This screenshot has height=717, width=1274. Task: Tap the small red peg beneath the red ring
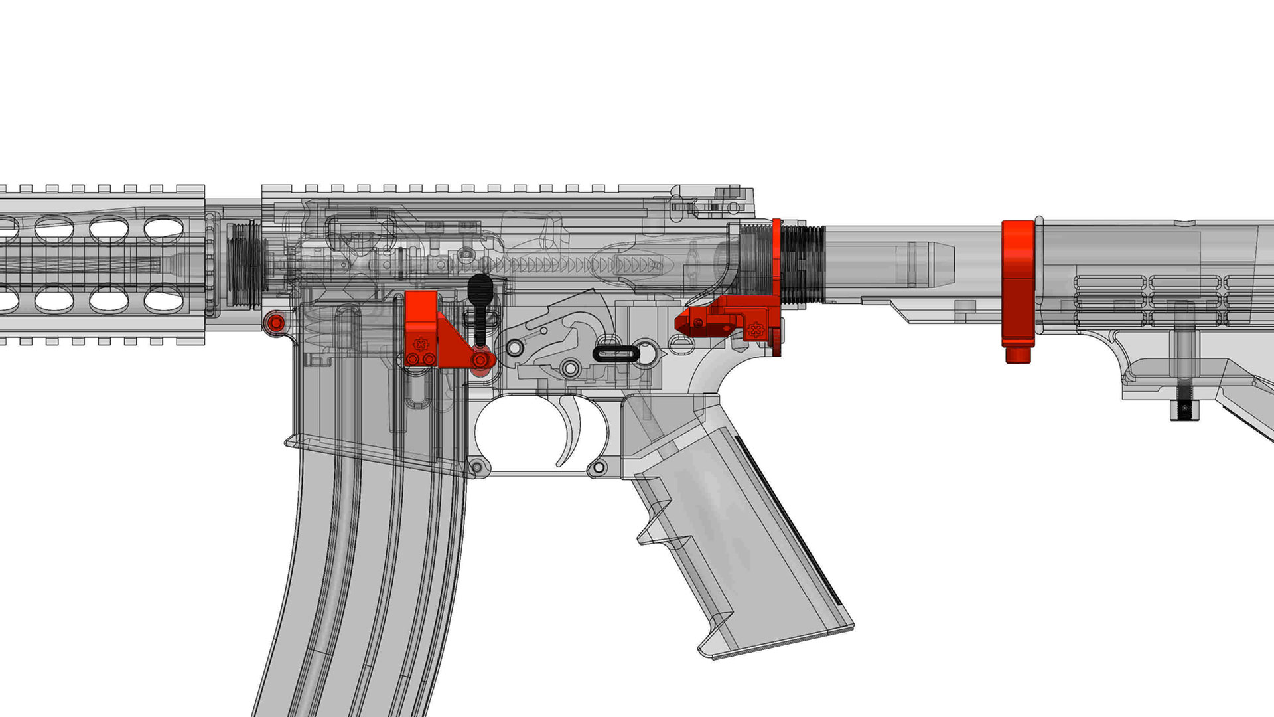[1017, 355]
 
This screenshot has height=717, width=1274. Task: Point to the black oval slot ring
[615, 353]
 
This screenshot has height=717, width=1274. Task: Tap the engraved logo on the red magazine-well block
[419, 344]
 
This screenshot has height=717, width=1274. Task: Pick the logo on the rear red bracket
[756, 329]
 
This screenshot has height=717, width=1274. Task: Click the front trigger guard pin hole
[475, 467]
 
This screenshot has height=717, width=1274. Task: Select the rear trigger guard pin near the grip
[599, 468]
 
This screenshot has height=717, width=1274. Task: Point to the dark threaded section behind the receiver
[803, 264]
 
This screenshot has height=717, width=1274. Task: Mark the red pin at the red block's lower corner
[480, 360]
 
